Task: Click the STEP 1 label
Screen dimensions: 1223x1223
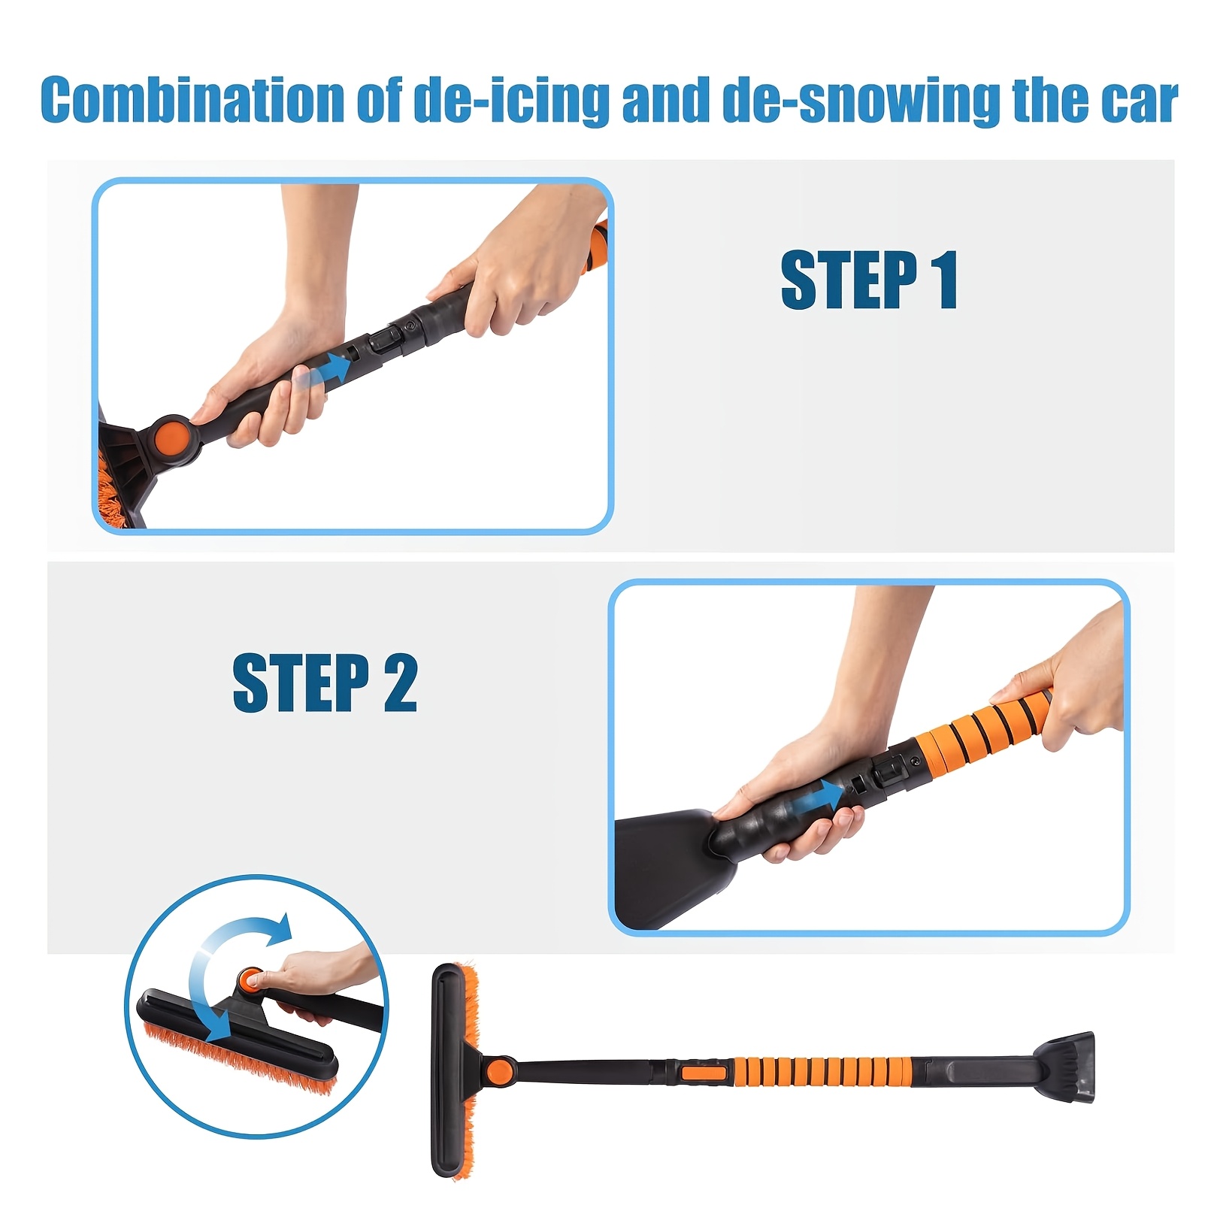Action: pos(869,280)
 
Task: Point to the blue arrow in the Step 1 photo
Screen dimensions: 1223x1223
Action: pos(334,369)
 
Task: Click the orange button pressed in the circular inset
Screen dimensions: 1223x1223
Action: pos(250,979)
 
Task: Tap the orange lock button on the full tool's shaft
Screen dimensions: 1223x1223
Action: pos(704,1070)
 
